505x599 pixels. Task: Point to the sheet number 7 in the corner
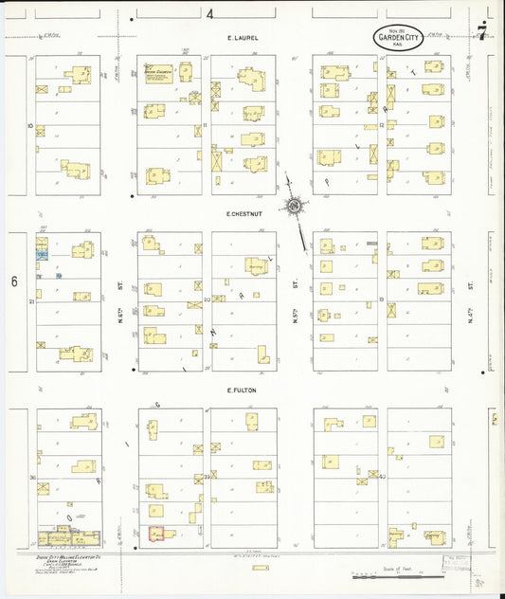click(x=482, y=36)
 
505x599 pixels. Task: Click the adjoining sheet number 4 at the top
click(x=209, y=13)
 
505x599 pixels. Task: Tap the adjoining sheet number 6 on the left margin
click(x=14, y=281)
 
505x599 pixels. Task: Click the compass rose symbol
click(x=294, y=206)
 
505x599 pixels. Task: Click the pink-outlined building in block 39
click(x=156, y=534)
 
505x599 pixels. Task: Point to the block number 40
click(x=382, y=478)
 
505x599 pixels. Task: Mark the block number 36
click(x=32, y=478)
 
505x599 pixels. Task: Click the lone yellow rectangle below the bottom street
click(x=260, y=568)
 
